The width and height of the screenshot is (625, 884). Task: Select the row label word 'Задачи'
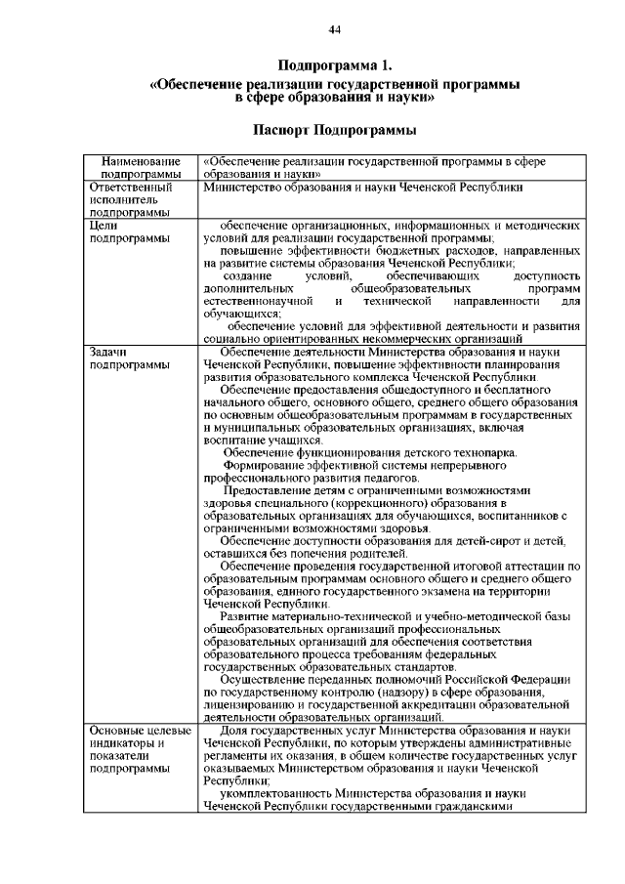109,351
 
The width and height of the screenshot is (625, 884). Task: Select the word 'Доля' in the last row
234,731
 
